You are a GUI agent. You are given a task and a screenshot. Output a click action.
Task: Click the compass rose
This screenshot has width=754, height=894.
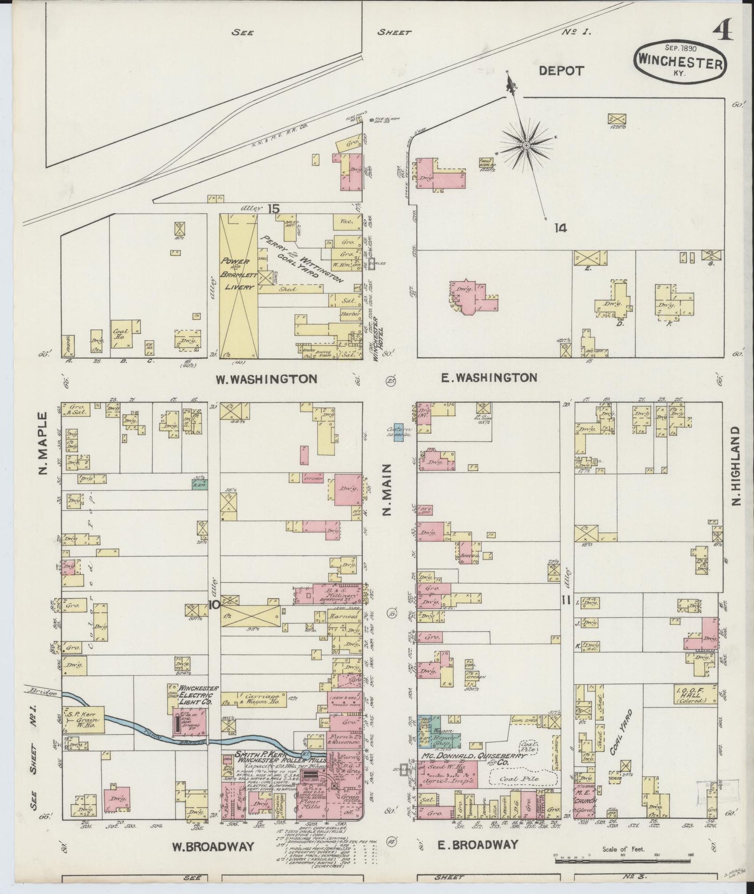526,143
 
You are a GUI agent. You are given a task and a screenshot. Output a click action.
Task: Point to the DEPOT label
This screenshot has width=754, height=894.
561,71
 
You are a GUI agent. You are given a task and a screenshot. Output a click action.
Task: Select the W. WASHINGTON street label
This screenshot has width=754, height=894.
267,379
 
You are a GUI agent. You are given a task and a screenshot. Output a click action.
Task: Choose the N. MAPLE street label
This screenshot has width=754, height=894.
43,444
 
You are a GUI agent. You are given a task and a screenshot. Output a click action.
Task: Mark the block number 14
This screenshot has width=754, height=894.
560,227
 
